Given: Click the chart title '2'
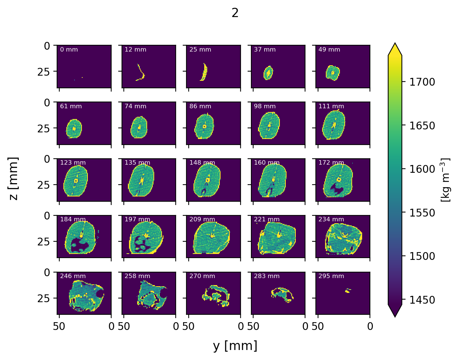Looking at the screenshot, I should pos(235,13).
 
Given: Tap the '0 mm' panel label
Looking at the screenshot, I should pos(69,50).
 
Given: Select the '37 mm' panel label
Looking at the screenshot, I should pos(265,50).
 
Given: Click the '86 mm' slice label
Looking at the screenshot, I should pos(200,106).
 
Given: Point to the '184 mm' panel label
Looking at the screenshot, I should pos(73,219).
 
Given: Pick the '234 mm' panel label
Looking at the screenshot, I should pos(331,219).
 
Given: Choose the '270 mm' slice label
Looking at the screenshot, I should pos(202,276).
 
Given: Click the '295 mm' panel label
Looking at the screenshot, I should pos(331,276).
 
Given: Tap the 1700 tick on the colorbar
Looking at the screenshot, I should pos(422,82).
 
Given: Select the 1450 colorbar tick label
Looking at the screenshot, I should pos(422,300).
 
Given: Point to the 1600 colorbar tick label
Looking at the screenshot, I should pos(422,169).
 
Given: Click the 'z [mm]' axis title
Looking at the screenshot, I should pos(14,179).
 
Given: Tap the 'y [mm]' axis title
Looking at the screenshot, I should pos(235,346).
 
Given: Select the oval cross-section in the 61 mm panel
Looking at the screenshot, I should pos(74,129).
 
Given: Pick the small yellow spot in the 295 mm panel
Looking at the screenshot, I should pos(347,291).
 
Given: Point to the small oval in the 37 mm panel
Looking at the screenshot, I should pos(268,73).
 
